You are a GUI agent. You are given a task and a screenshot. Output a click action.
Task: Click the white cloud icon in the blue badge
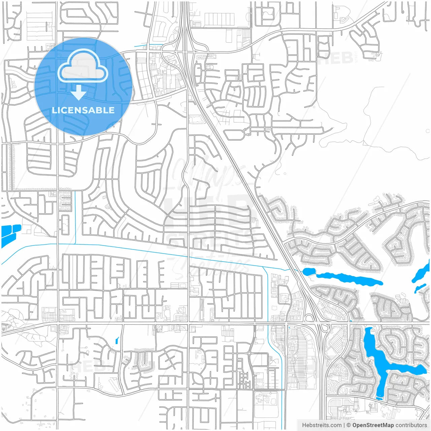[82, 66]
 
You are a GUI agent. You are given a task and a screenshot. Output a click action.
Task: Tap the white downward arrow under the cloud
[79, 93]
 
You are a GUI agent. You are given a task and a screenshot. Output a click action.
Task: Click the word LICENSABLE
[83, 110]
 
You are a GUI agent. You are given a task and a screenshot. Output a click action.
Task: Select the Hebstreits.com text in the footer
[322, 425]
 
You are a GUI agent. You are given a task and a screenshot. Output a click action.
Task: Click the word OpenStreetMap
[373, 425]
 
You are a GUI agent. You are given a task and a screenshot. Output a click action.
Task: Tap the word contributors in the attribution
[411, 425]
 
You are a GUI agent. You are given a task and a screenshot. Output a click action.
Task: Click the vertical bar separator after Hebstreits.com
[344, 425]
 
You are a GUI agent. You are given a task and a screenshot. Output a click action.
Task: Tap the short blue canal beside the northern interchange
[148, 45]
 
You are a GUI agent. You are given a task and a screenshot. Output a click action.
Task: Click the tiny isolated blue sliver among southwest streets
[117, 341]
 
